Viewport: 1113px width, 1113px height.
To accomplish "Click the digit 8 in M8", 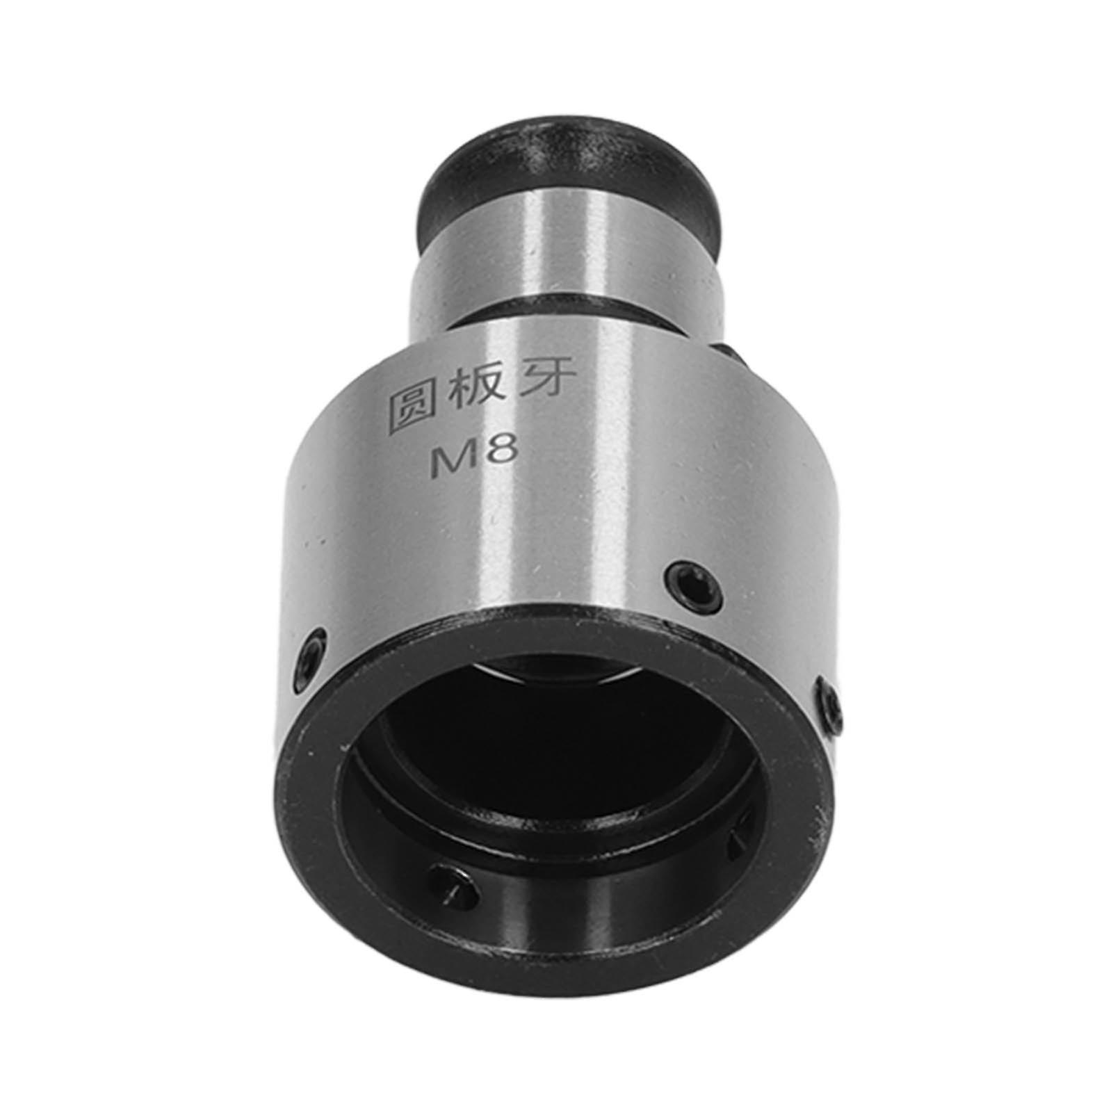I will (x=502, y=453).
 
